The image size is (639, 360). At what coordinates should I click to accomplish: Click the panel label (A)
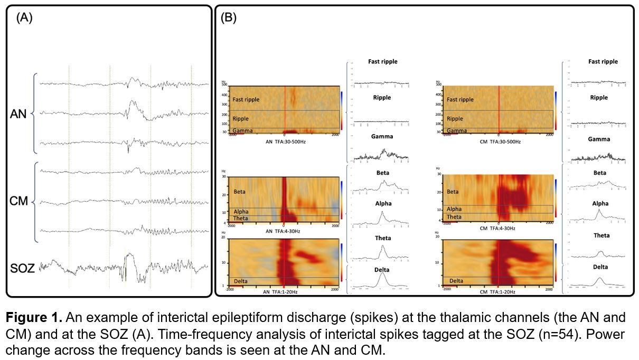(x=24, y=17)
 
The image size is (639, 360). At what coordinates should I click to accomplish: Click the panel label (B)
(x=228, y=17)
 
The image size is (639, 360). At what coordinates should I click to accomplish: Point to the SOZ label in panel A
(x=22, y=269)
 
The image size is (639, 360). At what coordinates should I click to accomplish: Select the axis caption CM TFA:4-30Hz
(x=498, y=229)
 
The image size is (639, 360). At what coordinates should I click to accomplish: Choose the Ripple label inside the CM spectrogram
(x=455, y=119)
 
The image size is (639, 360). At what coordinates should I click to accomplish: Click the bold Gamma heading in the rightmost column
(x=599, y=139)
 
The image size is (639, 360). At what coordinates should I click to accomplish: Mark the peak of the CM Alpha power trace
(x=598, y=210)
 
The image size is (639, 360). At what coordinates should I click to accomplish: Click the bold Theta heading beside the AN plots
(x=383, y=238)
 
